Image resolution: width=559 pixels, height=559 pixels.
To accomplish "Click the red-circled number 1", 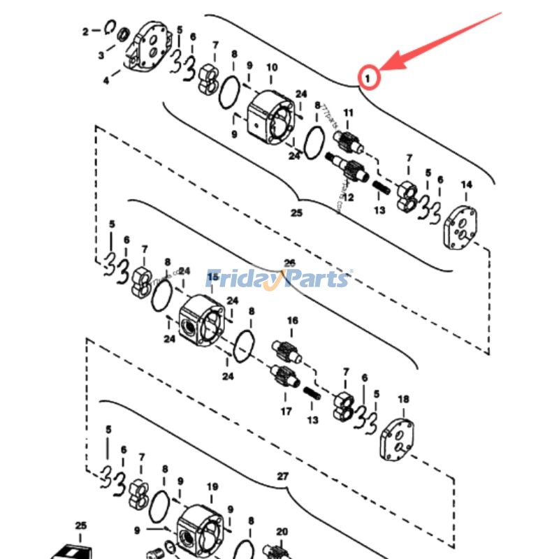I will [x=368, y=78].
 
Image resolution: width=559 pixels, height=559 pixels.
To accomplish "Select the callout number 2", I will [x=86, y=31].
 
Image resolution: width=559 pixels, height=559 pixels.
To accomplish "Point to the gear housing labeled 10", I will [x=271, y=117].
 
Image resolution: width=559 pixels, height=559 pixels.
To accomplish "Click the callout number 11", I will [x=348, y=113].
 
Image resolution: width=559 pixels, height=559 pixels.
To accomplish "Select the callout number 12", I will [x=348, y=198].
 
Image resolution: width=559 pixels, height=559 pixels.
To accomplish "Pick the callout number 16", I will [x=292, y=321].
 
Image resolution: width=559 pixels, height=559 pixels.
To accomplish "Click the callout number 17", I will [x=286, y=412].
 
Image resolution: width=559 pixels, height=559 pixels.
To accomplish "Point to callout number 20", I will [x=282, y=532].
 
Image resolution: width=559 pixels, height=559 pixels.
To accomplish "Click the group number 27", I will [x=282, y=476].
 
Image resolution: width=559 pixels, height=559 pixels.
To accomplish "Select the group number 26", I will [x=289, y=263].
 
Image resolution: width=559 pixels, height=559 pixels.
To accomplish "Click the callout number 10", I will [x=272, y=67].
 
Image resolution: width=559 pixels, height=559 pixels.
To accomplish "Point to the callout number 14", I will [x=466, y=184].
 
